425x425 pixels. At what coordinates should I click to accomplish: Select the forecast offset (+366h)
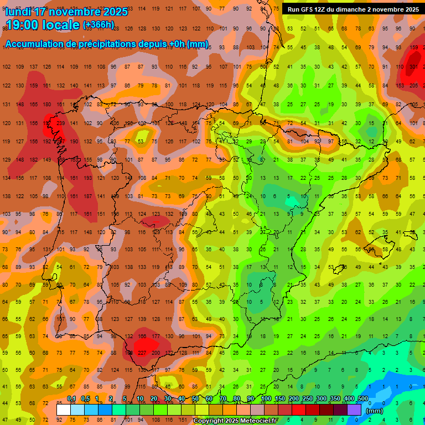[98, 25]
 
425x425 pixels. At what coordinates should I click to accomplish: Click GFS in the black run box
[309, 9]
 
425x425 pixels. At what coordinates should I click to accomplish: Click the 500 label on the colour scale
[362, 398]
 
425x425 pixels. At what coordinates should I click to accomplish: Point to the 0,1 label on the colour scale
[71, 398]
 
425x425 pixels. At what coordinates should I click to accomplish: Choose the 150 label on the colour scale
[280, 398]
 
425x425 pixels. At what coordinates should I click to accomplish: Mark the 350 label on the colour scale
[335, 398]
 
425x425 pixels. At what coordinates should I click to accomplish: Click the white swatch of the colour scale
[64, 410]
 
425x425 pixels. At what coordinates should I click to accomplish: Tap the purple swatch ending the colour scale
[354, 410]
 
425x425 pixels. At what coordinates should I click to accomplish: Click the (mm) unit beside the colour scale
[375, 411]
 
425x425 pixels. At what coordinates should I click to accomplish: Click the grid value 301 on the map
[413, 67]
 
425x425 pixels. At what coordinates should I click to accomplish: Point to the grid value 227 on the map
[142, 353]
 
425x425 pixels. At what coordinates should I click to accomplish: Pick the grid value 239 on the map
[60, 123]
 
